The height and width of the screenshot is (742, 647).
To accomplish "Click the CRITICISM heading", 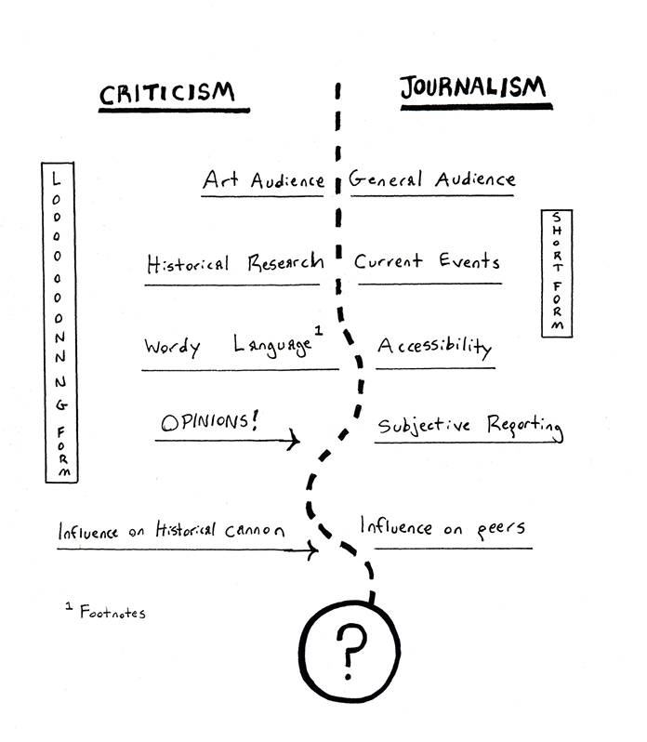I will [167, 93].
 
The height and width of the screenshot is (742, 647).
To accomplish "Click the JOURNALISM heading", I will [473, 89].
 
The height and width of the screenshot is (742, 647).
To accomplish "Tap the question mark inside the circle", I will [350, 650].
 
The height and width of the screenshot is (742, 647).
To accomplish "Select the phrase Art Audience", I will [263, 180].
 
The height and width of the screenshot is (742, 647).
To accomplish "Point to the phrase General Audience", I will [431, 179].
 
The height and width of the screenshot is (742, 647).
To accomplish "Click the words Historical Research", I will [234, 263].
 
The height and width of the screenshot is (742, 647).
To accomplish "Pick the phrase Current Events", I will [427, 261].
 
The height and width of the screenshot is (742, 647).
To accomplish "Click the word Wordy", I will [172, 348].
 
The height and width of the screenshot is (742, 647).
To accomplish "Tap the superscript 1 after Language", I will [319, 330].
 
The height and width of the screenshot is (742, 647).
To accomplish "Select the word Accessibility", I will [434, 347].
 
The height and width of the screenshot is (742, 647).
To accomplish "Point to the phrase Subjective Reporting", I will [469, 427].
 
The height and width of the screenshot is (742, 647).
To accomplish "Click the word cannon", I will [253, 531].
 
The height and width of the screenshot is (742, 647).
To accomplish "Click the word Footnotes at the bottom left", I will [112, 613].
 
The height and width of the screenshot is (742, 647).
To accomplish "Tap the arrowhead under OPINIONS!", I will [296, 440].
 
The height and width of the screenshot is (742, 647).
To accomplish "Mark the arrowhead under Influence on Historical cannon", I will [314, 551].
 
